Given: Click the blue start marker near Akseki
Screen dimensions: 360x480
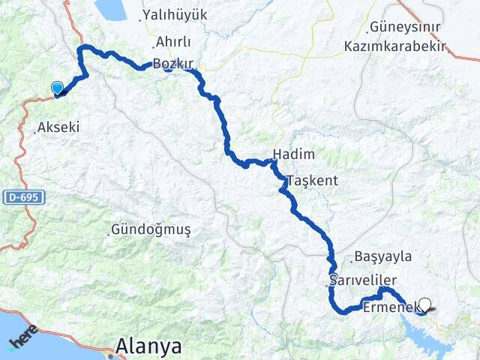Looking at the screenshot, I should pyautogui.click(x=57, y=88).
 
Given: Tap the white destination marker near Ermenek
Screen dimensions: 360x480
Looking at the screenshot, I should pyautogui.click(x=425, y=304).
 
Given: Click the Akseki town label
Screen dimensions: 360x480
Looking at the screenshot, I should pyautogui.click(x=58, y=127).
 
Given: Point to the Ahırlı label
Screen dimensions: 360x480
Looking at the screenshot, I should pyautogui.click(x=173, y=42).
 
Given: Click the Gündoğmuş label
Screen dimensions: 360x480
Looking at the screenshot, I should pyautogui.click(x=150, y=228).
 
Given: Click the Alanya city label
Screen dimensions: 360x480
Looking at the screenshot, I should pyautogui.click(x=148, y=346).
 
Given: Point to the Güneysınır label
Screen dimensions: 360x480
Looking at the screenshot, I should pyautogui.click(x=404, y=28).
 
